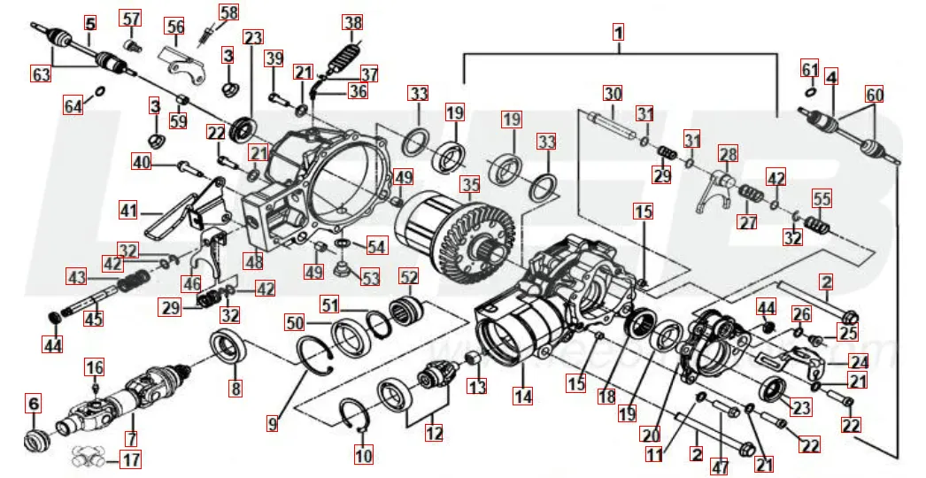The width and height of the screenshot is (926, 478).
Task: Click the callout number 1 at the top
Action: tap(619, 32)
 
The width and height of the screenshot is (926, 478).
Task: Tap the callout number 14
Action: tap(523, 397)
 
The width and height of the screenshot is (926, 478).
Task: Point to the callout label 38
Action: tap(353, 23)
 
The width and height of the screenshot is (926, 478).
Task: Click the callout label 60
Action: tap(874, 94)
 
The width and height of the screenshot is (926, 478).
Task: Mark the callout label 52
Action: tap(409, 277)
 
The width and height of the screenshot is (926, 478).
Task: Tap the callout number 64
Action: tap(73, 106)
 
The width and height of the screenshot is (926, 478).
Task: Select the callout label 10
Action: tap(363, 456)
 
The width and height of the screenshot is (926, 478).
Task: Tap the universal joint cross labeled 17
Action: tap(93, 458)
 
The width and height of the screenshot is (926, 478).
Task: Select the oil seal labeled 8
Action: tap(228, 345)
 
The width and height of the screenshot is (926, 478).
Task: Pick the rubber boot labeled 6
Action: tap(35, 440)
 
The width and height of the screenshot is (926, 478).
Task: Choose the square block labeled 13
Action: tap(474, 360)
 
